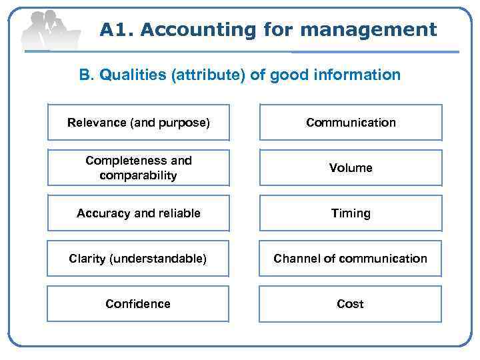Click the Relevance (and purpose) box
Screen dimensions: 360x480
coord(138,123)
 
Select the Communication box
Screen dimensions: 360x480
coord(351,123)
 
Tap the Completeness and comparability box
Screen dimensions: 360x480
coord(138,168)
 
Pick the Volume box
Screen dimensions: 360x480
coord(351,168)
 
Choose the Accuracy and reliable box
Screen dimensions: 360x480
coord(138,213)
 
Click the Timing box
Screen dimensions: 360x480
coord(351,213)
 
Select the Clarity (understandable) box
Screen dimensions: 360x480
coord(138,259)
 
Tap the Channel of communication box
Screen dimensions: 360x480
coord(351,259)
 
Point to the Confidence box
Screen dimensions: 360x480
coord(138,304)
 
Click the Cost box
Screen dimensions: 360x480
coord(351,304)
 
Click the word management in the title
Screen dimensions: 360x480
coord(369,30)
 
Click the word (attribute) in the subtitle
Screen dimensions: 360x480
coord(209,75)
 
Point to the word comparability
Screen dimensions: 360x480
coord(138,176)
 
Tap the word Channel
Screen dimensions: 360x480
coord(295,259)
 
